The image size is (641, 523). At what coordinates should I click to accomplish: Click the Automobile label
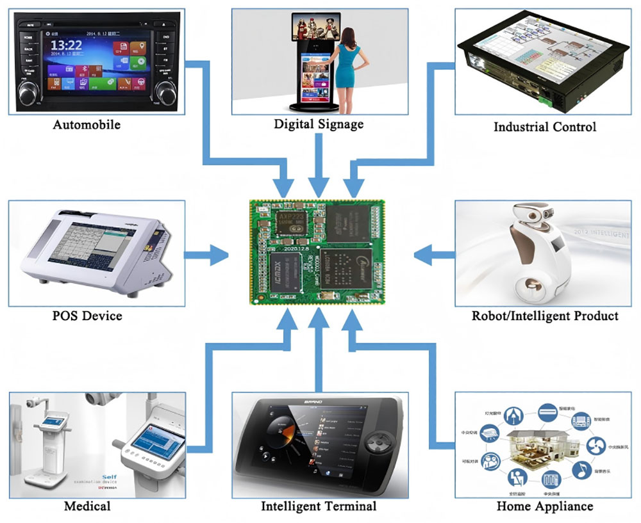pyautogui.click(x=87, y=124)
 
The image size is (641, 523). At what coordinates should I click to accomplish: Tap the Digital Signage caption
pyautogui.click(x=319, y=124)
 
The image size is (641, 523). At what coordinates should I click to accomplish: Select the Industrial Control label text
pyautogui.click(x=544, y=127)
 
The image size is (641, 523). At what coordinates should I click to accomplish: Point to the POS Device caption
pyautogui.click(x=87, y=316)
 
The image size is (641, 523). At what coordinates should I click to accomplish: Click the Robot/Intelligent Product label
pyautogui.click(x=545, y=316)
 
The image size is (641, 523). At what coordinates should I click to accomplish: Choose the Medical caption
pyautogui.click(x=87, y=506)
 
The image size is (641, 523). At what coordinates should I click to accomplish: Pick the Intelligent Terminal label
pyautogui.click(x=319, y=506)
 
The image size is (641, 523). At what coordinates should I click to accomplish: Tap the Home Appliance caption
pyautogui.click(x=545, y=506)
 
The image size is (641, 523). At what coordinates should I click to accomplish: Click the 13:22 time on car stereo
pyautogui.click(x=66, y=45)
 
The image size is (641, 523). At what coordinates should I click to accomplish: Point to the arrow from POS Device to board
pyautogui.click(x=206, y=257)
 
